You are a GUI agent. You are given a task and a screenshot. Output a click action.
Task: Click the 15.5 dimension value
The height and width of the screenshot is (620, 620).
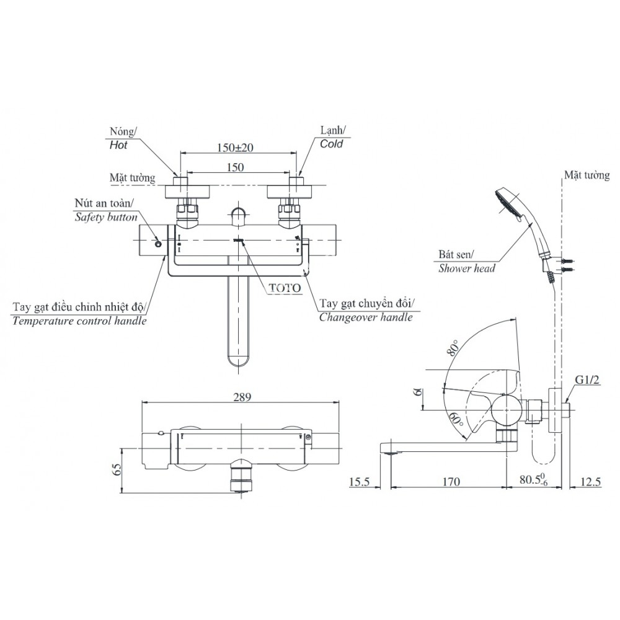pos(360,481)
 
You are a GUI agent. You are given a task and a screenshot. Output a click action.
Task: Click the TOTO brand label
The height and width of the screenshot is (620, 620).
pos(286,288)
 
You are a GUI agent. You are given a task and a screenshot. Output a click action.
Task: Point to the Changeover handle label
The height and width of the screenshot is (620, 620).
pos(366,317)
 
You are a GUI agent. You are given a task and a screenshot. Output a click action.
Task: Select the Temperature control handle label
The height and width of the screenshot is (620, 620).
pos(79,321)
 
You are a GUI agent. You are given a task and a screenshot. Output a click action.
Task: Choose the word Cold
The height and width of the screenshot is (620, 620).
pos(331,143)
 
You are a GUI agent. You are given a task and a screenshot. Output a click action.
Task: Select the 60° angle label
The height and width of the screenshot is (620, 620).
pos(458,421)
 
